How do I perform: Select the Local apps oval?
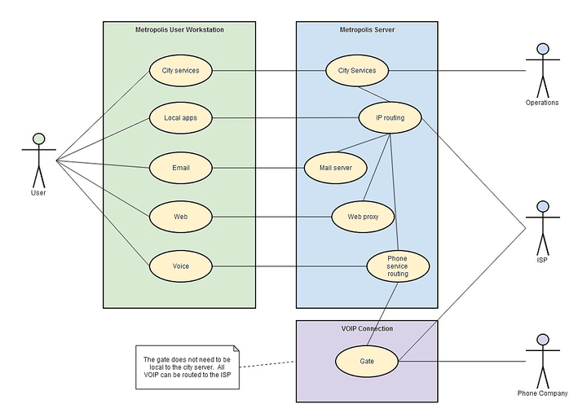181,118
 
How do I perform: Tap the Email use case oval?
181,168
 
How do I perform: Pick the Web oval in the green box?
181,217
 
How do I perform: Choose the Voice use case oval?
181,266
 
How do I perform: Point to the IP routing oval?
390,118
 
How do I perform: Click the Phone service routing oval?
397,266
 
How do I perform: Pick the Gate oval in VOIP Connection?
367,360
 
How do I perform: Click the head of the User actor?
38,138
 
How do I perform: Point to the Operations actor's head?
542,48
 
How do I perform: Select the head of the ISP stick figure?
542,207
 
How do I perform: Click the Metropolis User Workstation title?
179,30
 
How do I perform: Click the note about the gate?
187,367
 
